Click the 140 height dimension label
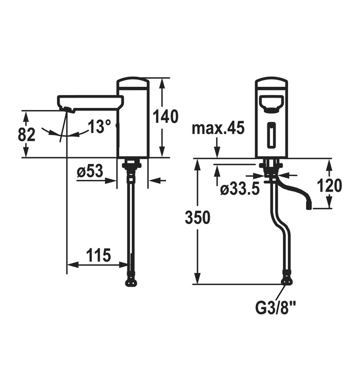point(166,117)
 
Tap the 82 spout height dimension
point(27,135)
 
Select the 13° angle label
point(99,126)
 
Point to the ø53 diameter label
point(90,171)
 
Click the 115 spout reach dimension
point(98,255)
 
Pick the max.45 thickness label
point(218,128)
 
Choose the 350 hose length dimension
point(197,217)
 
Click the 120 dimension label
point(329,185)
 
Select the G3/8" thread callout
point(276,308)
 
